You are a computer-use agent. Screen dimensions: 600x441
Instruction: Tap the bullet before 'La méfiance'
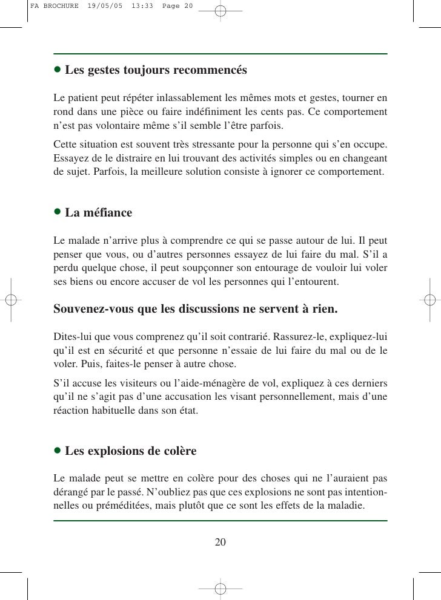(x=58, y=212)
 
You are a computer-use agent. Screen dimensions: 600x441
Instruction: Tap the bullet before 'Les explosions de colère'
(x=58, y=451)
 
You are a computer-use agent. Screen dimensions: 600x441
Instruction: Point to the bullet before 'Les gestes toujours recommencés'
(x=58, y=70)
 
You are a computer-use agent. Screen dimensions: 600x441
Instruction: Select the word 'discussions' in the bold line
(x=212, y=309)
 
